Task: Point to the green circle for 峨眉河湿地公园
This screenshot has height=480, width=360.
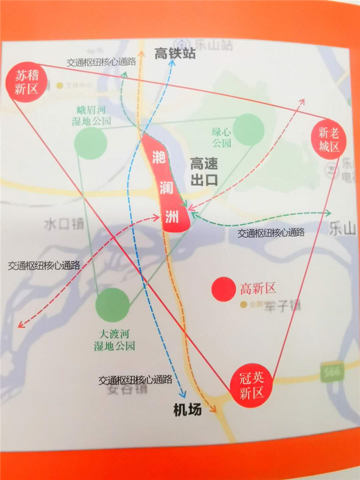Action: pos(91,143)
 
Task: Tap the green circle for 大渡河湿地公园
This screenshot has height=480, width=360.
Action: pos(112,305)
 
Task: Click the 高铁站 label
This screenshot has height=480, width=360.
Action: pos(175,54)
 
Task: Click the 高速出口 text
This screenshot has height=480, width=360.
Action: pos(204,172)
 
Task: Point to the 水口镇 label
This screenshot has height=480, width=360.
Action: pos(64,224)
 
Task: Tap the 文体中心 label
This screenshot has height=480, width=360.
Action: pos(80,85)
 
